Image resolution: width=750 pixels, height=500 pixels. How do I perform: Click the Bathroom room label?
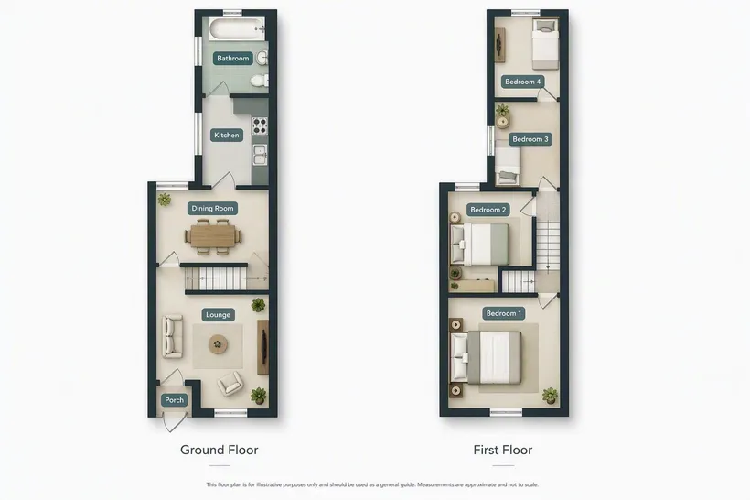[x=233, y=59]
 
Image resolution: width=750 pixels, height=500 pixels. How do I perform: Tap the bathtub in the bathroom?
[x=237, y=28]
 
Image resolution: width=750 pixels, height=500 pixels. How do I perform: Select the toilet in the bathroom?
[x=260, y=80]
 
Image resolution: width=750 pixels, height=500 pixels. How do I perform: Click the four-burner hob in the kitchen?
[x=260, y=125]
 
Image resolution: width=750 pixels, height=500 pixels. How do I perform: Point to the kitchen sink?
[x=260, y=155]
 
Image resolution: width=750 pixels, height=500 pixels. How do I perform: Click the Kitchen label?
[x=227, y=135]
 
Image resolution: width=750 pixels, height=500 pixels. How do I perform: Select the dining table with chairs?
[x=213, y=236]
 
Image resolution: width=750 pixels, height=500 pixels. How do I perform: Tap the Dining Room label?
[x=212, y=209]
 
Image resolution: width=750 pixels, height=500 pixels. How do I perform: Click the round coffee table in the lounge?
[x=218, y=344]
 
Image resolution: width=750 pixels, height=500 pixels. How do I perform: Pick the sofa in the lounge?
[x=172, y=336]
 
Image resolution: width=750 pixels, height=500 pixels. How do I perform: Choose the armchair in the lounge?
[x=230, y=383]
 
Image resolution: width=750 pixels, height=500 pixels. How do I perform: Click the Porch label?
[x=174, y=400]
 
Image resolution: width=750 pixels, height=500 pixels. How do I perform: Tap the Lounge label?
[x=218, y=315]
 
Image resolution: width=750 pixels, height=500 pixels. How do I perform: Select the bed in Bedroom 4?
[x=545, y=44]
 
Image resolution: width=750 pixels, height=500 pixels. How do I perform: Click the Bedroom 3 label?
[x=530, y=139]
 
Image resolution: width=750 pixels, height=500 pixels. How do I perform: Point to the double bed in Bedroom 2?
[x=480, y=245]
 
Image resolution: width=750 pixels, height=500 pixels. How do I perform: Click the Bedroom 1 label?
[x=504, y=313]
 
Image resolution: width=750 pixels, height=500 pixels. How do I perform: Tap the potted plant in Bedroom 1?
[x=550, y=396]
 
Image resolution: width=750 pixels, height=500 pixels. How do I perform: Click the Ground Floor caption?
[x=220, y=450]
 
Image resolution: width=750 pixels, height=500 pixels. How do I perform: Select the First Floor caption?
[x=503, y=450]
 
